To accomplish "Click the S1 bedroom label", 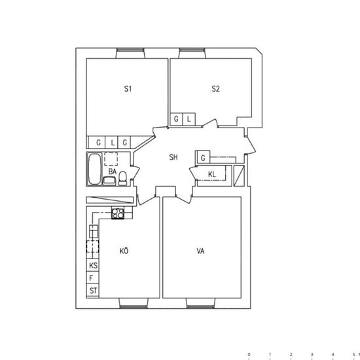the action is (x=128, y=88).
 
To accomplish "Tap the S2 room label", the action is (x=215, y=88).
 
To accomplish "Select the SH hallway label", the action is (x=173, y=157).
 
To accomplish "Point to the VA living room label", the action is (x=200, y=251).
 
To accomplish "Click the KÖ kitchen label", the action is (x=124, y=251).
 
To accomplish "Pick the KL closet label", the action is (x=212, y=174).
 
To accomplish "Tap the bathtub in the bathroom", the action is (x=95, y=169).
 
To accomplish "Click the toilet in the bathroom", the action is (x=122, y=178).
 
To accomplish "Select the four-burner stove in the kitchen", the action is (x=118, y=213).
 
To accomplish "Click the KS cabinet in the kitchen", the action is (x=93, y=265).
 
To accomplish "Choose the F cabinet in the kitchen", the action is (x=93, y=278).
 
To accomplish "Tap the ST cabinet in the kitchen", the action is (x=93, y=290).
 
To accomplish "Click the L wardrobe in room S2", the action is (x=189, y=119).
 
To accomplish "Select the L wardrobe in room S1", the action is (x=111, y=142).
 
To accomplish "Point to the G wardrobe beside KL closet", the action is (x=203, y=158).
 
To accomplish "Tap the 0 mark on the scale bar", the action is (x=249, y=355).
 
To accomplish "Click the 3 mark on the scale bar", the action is (x=312, y=355).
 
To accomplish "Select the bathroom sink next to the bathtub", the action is (x=109, y=181).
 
